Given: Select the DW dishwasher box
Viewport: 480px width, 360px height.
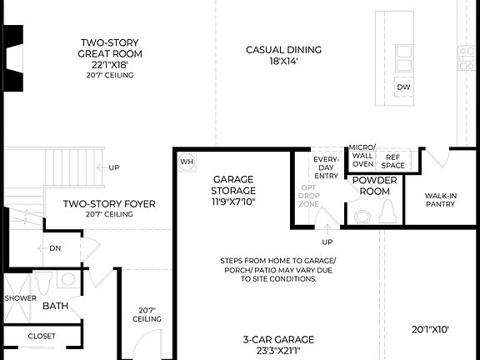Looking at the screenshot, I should [x=403, y=87].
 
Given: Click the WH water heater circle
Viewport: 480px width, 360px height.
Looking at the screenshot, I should [x=187, y=162].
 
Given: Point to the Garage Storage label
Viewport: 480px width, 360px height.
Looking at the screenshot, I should [x=233, y=190].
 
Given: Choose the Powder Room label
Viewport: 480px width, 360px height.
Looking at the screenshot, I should [x=371, y=185].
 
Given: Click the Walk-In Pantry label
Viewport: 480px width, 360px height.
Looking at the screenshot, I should [x=440, y=200].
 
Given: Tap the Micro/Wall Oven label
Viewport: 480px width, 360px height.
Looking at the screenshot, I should [x=362, y=155].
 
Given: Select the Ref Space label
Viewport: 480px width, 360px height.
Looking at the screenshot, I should [x=392, y=161].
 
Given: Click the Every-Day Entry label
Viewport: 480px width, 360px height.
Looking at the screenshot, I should [x=325, y=167].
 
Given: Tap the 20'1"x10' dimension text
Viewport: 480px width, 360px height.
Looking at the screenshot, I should [x=430, y=329].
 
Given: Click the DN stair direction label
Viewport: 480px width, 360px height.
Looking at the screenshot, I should [x=55, y=248].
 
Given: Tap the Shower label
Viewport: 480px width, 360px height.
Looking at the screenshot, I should [x=19, y=297].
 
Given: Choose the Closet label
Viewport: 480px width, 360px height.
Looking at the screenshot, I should [x=42, y=337].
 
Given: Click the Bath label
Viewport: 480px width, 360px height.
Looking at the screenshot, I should [x=56, y=306].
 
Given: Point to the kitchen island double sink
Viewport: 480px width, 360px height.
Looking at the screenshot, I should [x=403, y=58].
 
